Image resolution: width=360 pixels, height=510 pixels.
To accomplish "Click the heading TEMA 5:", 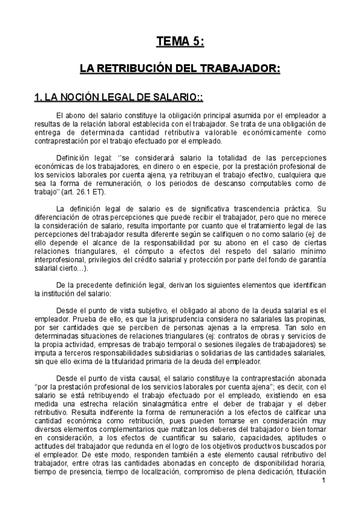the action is [x=180, y=41].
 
